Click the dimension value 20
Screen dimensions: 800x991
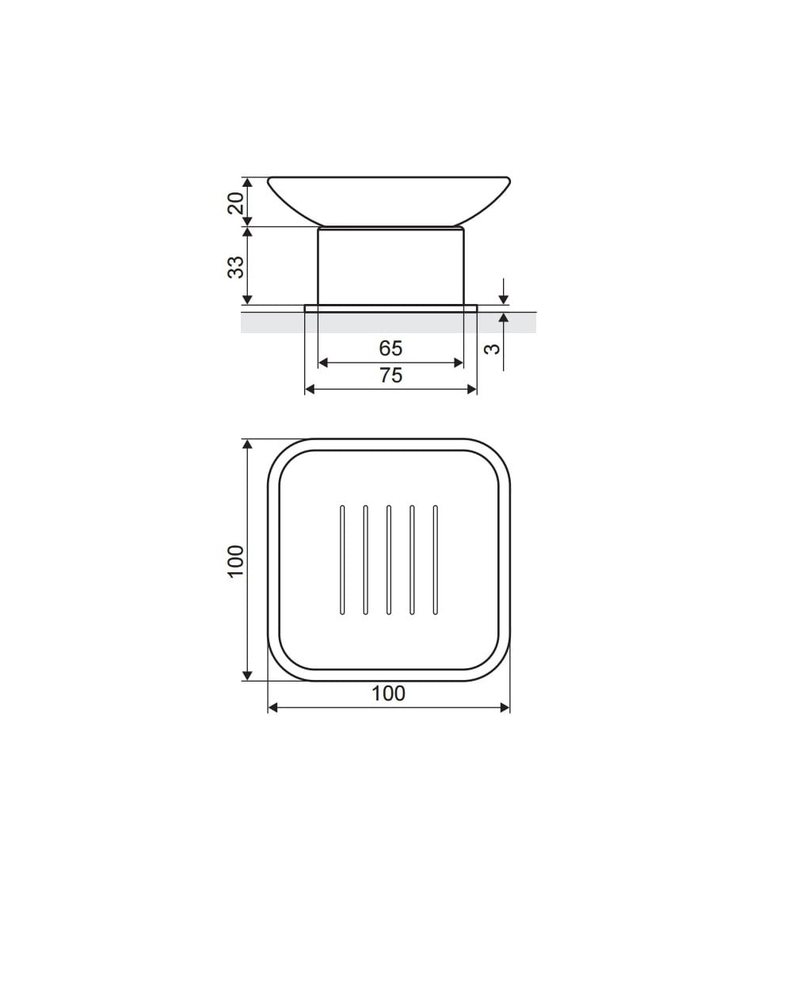[x=235, y=203]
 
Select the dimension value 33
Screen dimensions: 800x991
[x=235, y=267]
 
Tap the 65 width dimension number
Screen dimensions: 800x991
[x=390, y=348]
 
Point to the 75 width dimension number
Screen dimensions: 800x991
[x=390, y=375]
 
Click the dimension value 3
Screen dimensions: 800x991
[x=492, y=349]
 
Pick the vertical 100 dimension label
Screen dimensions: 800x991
[x=235, y=561]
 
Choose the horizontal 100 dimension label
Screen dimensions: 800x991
[x=388, y=693]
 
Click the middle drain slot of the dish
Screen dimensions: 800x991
[x=389, y=560]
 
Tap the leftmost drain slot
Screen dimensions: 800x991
[x=342, y=560]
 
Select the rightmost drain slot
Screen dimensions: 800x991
[x=436, y=560]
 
